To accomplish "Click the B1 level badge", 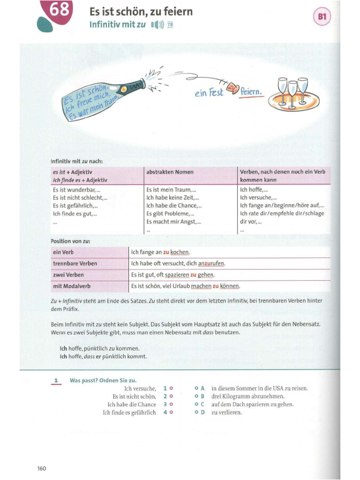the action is click(x=322, y=17).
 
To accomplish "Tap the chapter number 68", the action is click(x=60, y=9).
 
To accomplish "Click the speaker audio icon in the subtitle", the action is click(x=157, y=24).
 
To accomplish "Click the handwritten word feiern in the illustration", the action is click(x=251, y=91).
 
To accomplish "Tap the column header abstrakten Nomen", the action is click(x=170, y=172).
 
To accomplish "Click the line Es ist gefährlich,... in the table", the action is click(x=75, y=206).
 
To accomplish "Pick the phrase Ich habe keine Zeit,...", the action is click(x=172, y=198).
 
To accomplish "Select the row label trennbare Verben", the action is click(x=75, y=263).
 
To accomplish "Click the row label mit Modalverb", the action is click(x=72, y=286).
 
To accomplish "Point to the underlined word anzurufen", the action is click(x=211, y=263).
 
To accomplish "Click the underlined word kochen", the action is click(x=180, y=252).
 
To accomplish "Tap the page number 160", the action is click(x=42, y=468).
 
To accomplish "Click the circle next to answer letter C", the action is click(x=196, y=405).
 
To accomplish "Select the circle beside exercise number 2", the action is click(x=171, y=397).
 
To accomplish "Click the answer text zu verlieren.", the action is click(x=226, y=412).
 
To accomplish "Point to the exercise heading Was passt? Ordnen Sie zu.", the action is click(x=103, y=381).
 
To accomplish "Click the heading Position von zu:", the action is click(x=70, y=241).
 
